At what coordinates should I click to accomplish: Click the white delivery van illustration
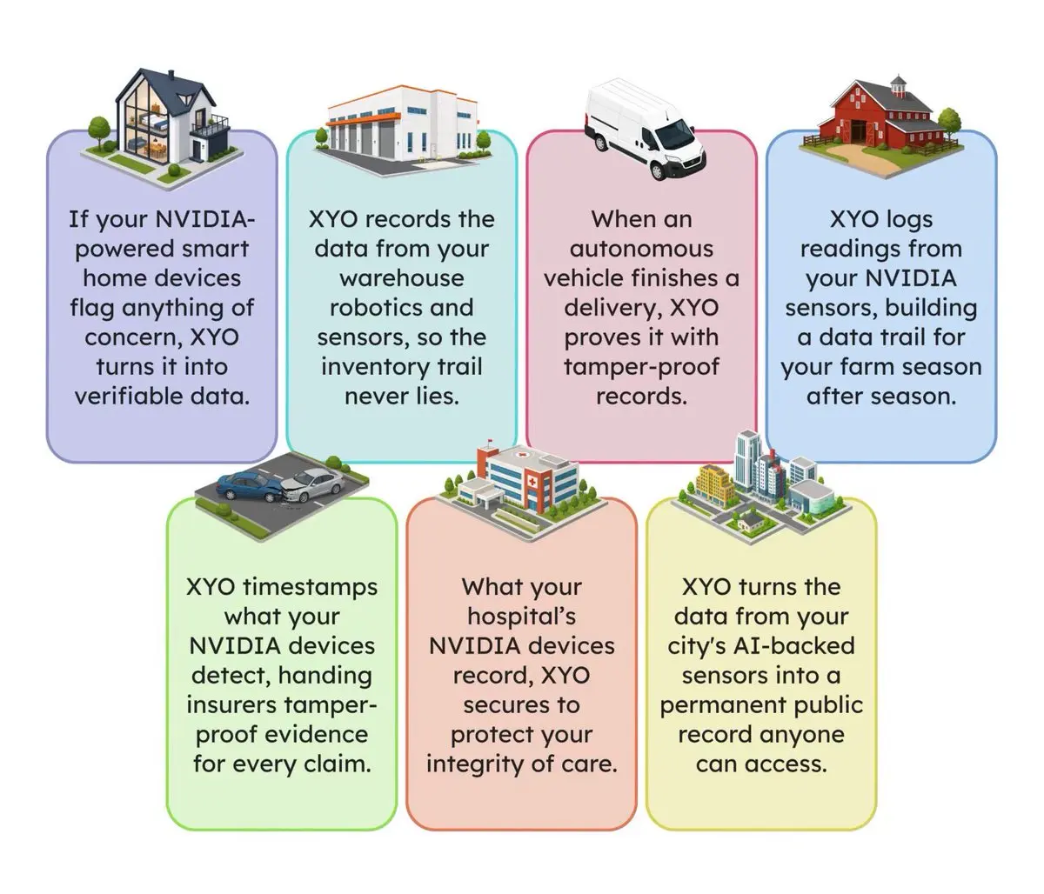pyautogui.click(x=644, y=130)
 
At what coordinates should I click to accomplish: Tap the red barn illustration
pyautogui.click(x=881, y=126)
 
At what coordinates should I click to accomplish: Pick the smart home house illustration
pyautogui.click(x=162, y=124)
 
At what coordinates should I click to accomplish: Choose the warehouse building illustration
pyautogui.click(x=402, y=126)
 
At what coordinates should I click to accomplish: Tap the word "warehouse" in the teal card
pyautogui.click(x=402, y=278)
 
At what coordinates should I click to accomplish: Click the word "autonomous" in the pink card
pyautogui.click(x=641, y=249)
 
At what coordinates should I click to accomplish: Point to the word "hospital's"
pyautogui.click(x=521, y=617)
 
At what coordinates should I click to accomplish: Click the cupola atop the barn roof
pyautogui.click(x=898, y=86)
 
